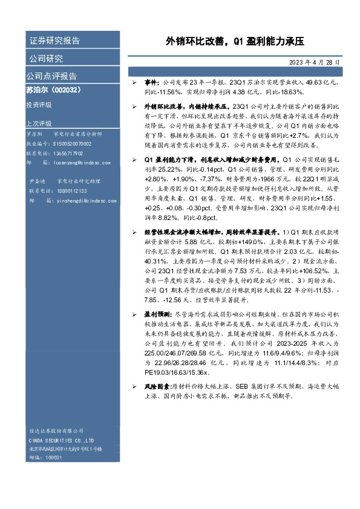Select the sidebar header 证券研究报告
coord(54,41)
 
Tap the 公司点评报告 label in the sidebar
coord(51,76)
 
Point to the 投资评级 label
coord(39,105)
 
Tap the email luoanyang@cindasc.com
coord(79,163)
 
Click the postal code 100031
coord(54,458)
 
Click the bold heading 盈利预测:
coord(155,315)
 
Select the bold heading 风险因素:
coord(155,386)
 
